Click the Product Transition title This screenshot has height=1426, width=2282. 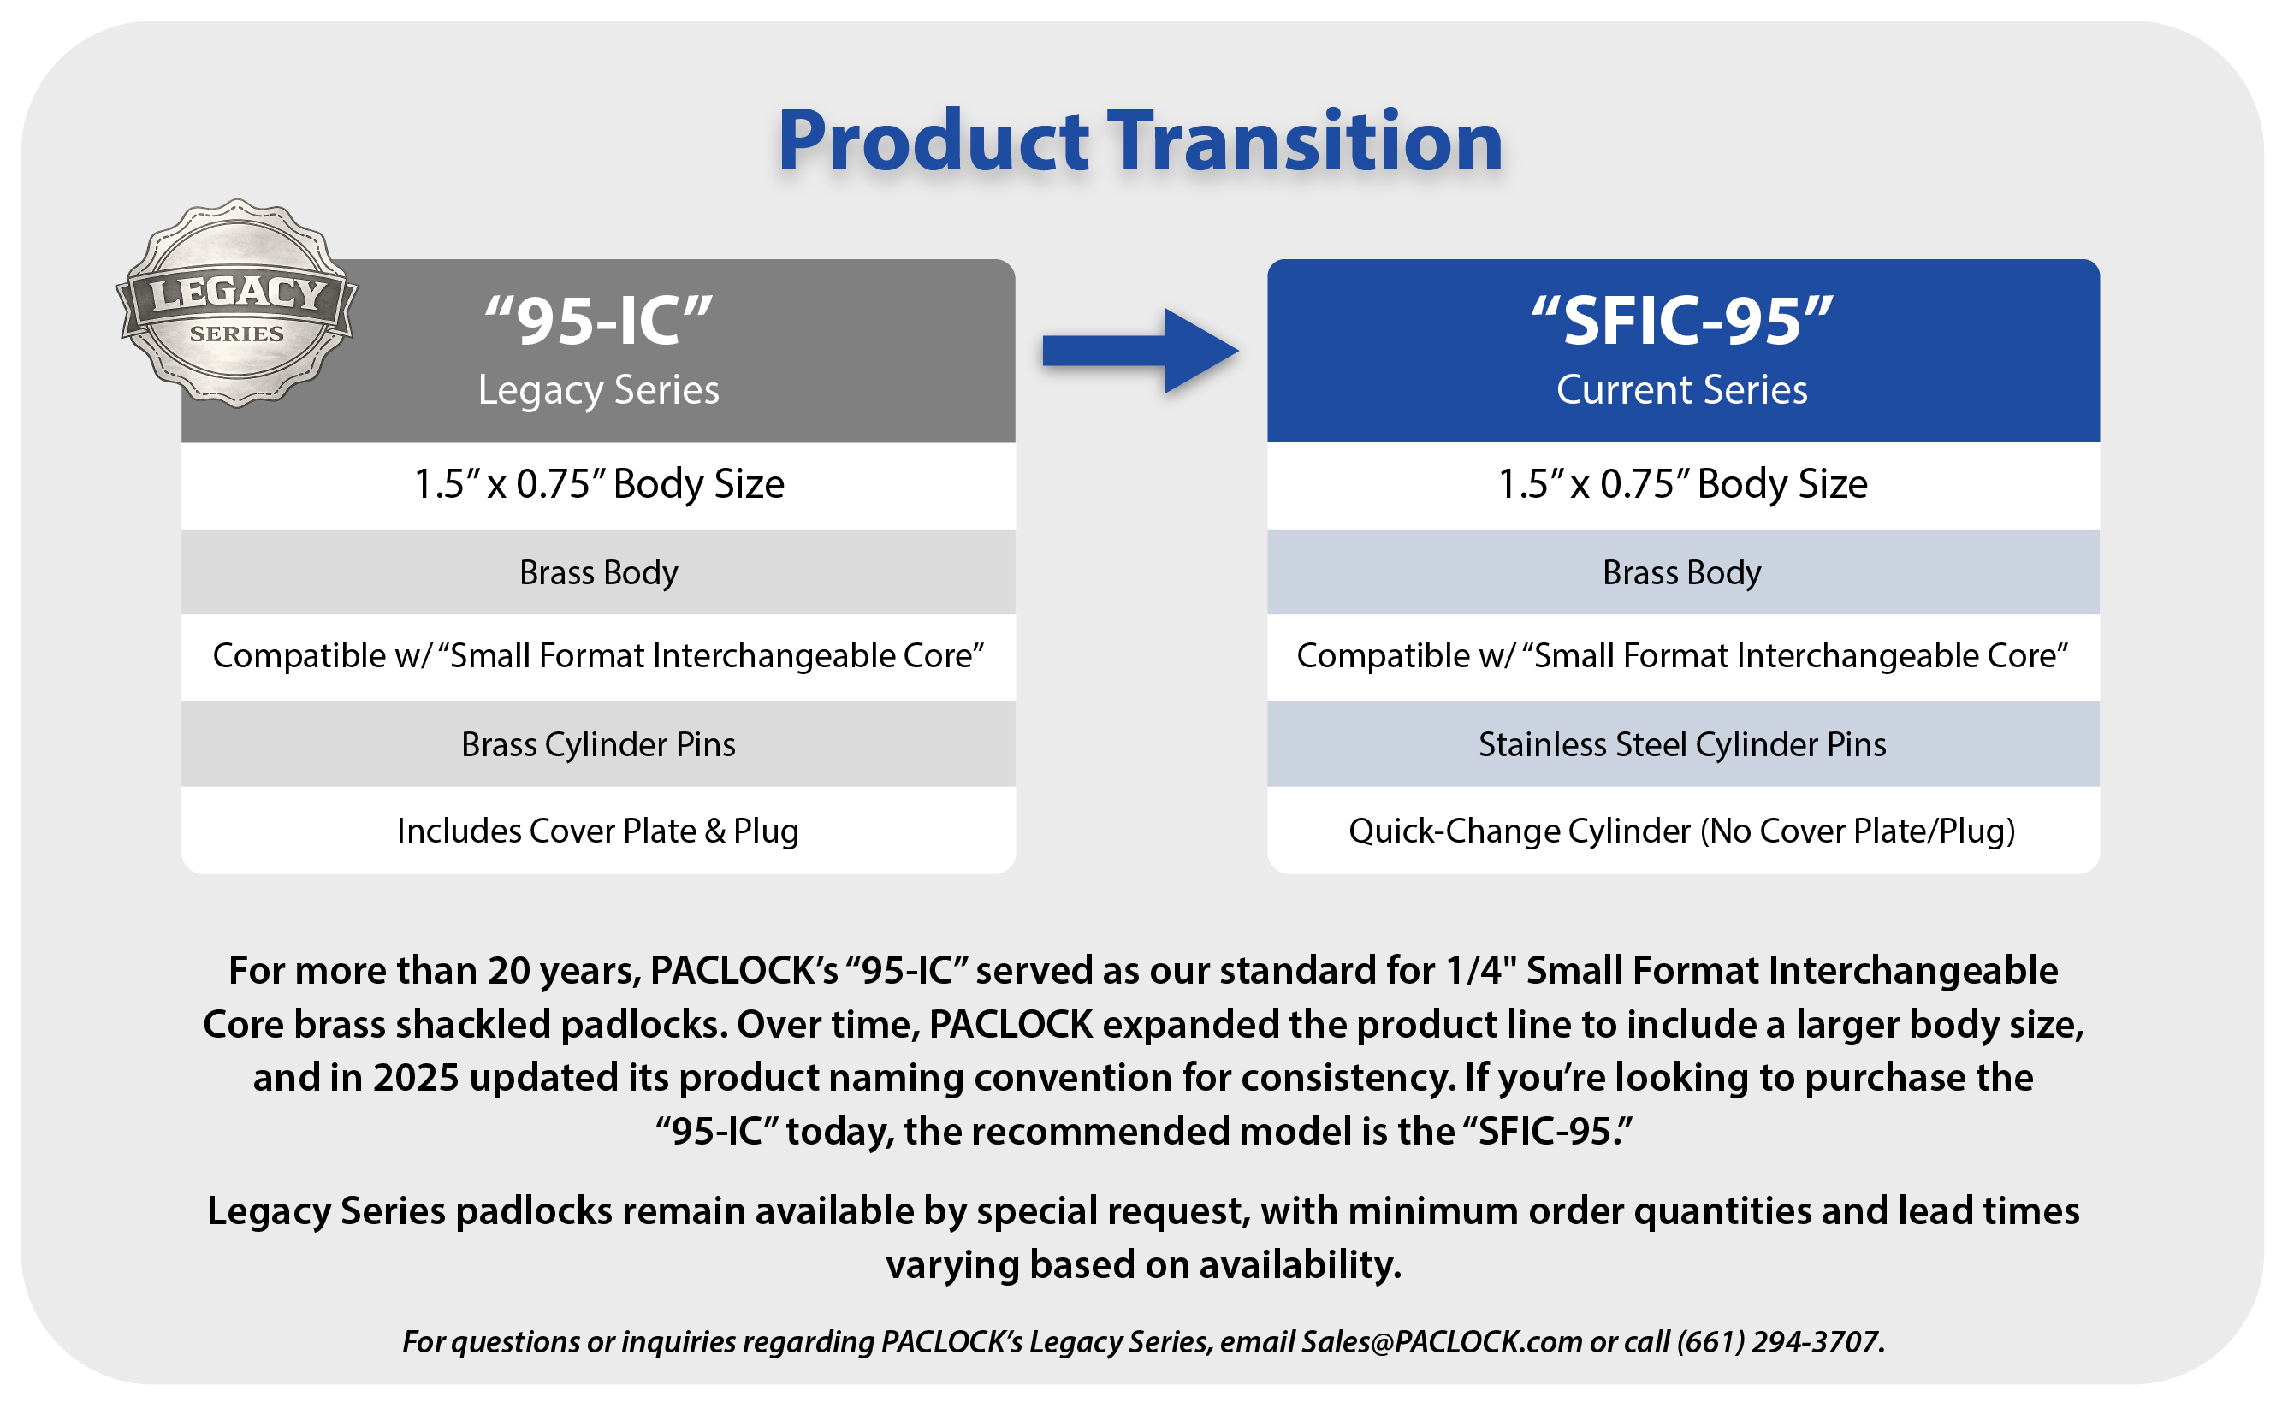click(1140, 141)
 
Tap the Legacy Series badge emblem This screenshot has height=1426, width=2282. click(237, 304)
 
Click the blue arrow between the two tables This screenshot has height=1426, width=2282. click(1140, 351)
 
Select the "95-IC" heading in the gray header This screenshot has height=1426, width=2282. click(598, 321)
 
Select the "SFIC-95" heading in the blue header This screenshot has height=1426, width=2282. click(1682, 321)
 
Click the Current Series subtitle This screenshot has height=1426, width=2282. click(1682, 389)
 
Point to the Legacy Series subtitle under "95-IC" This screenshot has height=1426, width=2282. click(598, 390)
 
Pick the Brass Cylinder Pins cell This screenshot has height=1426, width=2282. click(598, 744)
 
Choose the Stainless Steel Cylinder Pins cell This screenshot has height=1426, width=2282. click(1683, 744)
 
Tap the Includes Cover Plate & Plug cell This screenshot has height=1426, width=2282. click(598, 830)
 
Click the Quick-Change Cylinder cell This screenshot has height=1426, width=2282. click(1683, 830)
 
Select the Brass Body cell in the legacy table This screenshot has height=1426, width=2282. click(598, 572)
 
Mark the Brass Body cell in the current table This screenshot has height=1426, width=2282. click(1683, 572)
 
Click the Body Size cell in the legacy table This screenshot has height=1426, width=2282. click(598, 485)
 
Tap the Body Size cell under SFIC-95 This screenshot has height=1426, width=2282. click(1683, 485)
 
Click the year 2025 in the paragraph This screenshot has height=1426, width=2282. click(416, 1077)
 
